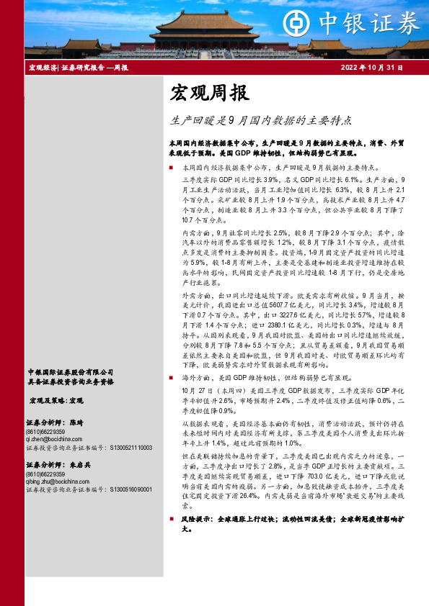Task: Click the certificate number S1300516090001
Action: (131, 490)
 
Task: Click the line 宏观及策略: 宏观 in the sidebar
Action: (56, 399)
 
